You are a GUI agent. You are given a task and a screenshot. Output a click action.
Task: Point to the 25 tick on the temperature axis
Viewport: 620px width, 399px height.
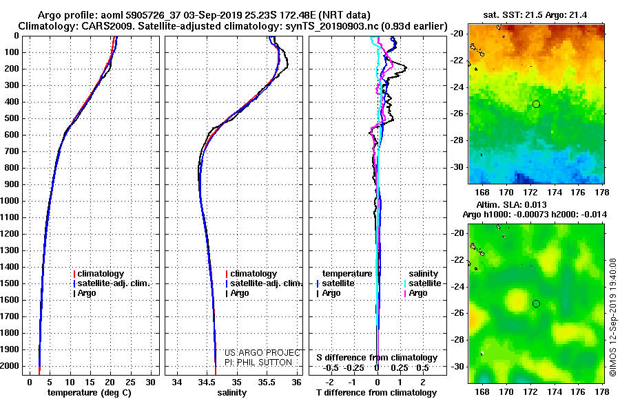[130, 382]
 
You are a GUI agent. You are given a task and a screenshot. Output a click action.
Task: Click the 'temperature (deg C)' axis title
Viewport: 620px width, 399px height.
[89, 392]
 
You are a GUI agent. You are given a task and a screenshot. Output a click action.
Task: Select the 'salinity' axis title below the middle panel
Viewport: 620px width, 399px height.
[231, 392]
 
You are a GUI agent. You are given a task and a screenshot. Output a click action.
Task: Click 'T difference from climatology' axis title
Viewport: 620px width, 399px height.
[376, 392]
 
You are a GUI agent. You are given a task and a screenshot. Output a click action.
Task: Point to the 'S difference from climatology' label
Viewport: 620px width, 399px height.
[377, 358]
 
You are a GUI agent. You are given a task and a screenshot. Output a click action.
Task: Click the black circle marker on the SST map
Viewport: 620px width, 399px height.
[536, 105]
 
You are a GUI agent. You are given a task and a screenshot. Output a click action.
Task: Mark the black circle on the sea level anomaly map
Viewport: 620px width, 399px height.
[536, 304]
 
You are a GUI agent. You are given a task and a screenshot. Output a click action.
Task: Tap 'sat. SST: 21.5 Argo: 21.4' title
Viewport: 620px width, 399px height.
[535, 15]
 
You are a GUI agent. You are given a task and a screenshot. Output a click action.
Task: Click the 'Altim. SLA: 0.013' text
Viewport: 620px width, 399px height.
[511, 204]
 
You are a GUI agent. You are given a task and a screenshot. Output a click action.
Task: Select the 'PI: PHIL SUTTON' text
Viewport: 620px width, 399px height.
[258, 363]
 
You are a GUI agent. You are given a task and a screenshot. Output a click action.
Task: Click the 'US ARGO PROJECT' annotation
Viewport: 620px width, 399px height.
[262, 352]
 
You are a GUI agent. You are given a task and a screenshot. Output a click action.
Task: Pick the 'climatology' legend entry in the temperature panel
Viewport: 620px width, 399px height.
[99, 274]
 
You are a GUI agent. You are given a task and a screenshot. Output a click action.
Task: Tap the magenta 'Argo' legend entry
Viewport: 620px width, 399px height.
[415, 293]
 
